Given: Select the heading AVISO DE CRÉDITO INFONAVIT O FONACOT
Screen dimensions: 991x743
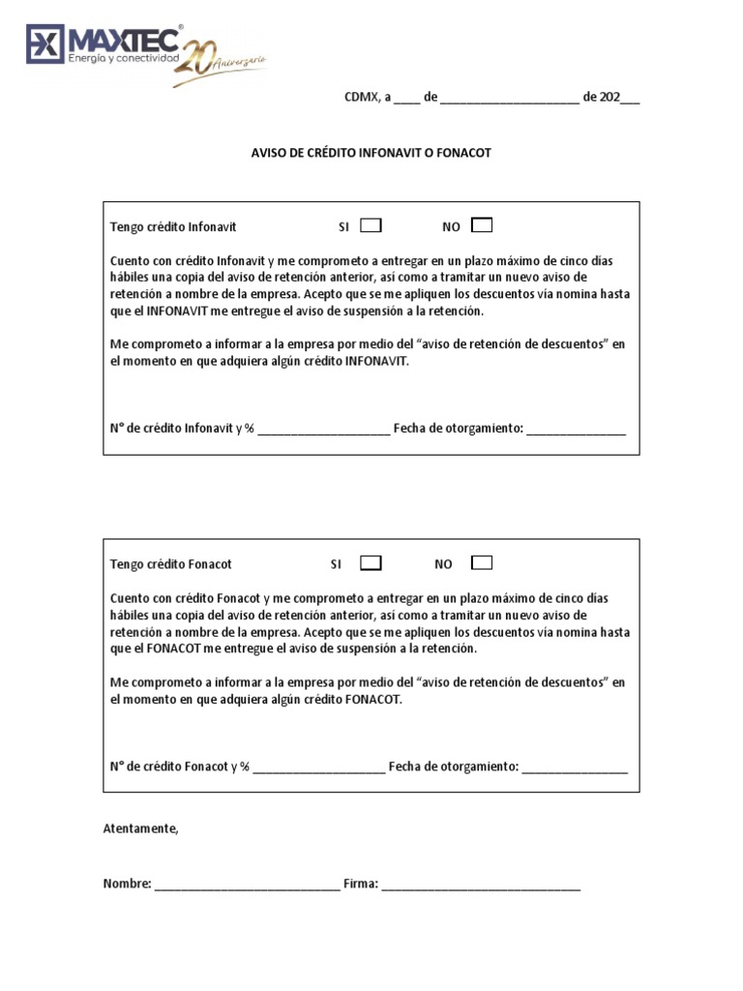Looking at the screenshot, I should click(371, 153).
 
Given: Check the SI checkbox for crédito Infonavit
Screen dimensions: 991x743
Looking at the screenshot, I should click(371, 225).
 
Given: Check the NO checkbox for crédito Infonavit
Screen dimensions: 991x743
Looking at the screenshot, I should click(481, 225).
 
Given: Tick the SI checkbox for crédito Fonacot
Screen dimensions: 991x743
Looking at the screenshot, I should click(371, 563).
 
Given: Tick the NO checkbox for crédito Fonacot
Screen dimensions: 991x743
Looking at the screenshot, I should click(481, 563).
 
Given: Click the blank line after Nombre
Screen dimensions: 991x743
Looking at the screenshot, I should click(247, 885).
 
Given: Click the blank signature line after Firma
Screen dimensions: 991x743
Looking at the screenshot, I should click(481, 885).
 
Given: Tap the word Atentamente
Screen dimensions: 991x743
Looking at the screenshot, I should click(141, 828).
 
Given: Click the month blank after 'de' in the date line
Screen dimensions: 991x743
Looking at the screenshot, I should click(509, 99).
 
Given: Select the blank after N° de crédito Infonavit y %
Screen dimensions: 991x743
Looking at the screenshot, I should click(324, 430).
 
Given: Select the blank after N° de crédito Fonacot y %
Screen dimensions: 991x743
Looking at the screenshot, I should click(319, 767).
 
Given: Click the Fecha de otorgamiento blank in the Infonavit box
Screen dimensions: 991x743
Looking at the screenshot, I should click(576, 430).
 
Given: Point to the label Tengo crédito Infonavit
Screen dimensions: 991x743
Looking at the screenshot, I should click(173, 226).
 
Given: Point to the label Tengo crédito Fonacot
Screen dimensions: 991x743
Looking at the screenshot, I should click(171, 564).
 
